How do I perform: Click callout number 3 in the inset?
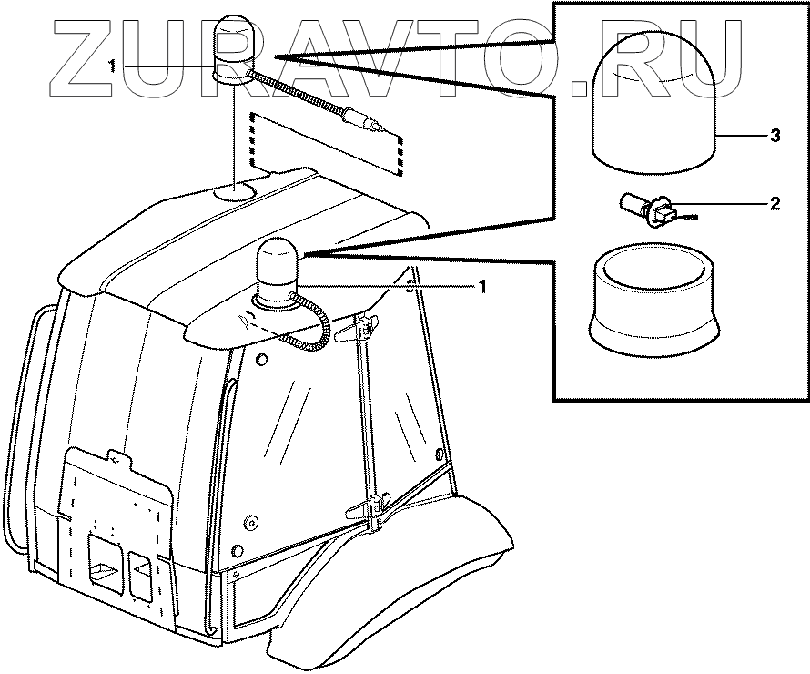775,137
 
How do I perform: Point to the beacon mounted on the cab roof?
275,271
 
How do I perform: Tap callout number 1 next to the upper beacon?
111,66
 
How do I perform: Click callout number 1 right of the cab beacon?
482,286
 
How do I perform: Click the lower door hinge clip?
373,506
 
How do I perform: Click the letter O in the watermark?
528,56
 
